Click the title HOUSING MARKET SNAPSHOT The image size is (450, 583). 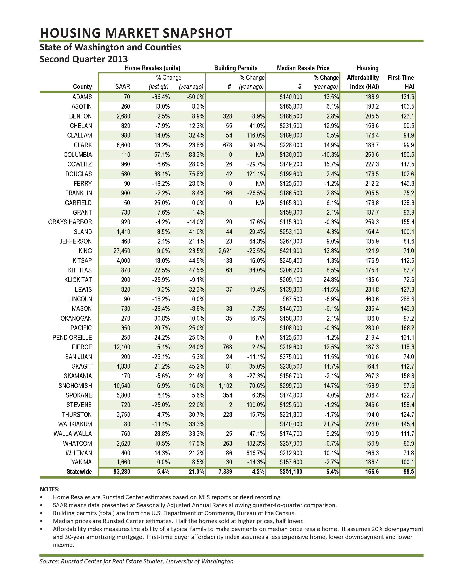coord(136,33)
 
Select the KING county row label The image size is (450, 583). coord(85,251)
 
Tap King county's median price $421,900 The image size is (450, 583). coord(291,251)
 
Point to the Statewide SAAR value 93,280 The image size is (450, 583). coord(121,472)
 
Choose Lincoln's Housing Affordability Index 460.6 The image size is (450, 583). coord(372,299)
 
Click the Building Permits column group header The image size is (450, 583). coord(236,68)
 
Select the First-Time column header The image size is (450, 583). coord(401,78)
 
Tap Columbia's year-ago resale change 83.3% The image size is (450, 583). coord(196,155)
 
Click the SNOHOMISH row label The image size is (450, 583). coord(75,386)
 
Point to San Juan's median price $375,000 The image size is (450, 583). coord(291,357)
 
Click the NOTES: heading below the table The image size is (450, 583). coord(49,489)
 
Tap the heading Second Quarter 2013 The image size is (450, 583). coord(83,59)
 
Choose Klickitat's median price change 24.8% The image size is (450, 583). coord(331,280)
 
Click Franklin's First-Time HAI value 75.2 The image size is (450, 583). coord(407,193)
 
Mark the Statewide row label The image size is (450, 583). coord(79,472)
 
